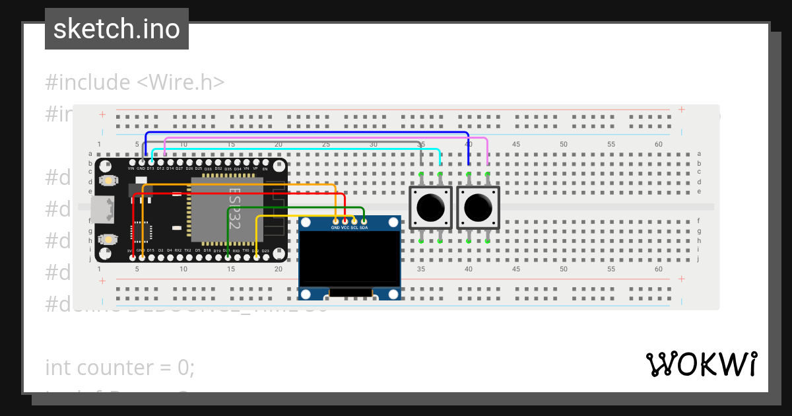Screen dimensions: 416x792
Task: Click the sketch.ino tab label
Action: pos(116,29)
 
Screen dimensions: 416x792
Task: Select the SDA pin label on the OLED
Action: pos(364,227)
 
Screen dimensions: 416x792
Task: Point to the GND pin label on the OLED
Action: pos(335,227)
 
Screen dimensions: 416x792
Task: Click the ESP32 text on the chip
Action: pos(234,208)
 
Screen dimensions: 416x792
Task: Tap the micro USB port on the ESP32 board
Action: pos(102,210)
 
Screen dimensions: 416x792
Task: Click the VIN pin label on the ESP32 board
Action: pos(131,168)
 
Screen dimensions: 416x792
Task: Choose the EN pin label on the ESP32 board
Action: pos(265,169)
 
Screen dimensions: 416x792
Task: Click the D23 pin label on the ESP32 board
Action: pos(265,251)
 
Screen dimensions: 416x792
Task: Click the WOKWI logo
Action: pos(701,364)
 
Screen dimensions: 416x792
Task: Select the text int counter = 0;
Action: pos(119,367)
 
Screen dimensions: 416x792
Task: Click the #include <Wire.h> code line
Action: pos(135,83)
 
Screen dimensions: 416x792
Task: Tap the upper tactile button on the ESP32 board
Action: pos(106,180)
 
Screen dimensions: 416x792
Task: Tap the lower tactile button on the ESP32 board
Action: pos(106,239)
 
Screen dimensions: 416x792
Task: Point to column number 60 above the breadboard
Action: pos(658,144)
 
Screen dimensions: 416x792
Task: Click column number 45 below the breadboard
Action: pos(516,269)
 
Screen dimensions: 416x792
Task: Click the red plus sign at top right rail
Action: pos(681,110)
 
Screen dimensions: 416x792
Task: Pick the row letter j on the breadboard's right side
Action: pos(698,259)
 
